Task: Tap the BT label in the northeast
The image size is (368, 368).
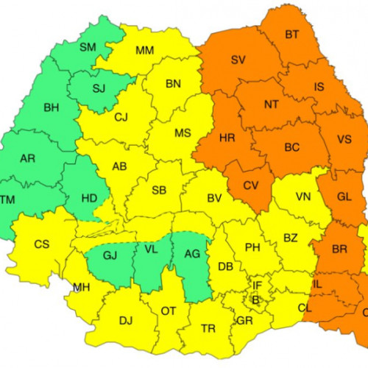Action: coord(292,35)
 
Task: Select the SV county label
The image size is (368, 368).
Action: coord(238,60)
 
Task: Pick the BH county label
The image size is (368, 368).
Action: coord(51,107)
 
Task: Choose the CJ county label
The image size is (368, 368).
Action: coord(121,116)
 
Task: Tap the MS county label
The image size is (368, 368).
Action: coord(182,132)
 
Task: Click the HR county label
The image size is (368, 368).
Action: coord(227,138)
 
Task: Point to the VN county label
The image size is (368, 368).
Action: coord(302,197)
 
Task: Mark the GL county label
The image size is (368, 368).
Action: coord(344,197)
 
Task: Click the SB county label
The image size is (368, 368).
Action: coord(159,190)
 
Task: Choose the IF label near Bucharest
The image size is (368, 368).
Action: coord(257,285)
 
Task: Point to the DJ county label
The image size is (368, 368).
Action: coord(126,319)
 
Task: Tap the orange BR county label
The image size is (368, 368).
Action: coord(339,250)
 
